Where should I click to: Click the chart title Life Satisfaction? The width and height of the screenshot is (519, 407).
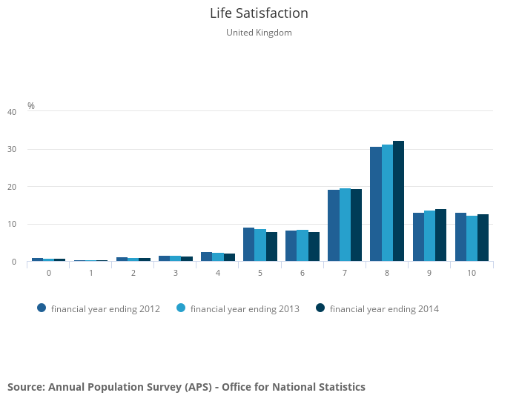[x=259, y=13]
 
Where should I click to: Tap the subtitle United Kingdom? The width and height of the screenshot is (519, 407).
[x=259, y=33]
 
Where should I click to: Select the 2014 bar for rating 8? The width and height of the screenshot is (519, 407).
[x=398, y=201]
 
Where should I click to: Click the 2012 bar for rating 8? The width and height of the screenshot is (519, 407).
[x=376, y=204]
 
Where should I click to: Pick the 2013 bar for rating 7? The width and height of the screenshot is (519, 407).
[x=345, y=225]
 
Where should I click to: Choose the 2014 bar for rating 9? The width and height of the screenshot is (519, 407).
[x=440, y=235]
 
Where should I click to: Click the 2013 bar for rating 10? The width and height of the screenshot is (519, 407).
[x=472, y=239]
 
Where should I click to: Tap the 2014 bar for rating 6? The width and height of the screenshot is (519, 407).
[x=314, y=247]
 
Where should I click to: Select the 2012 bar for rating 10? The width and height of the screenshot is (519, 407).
[x=460, y=237]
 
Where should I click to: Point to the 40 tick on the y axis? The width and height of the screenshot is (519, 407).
[x=12, y=112]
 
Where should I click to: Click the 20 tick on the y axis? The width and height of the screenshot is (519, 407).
[x=12, y=187]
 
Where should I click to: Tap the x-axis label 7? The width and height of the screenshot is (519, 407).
[x=345, y=274]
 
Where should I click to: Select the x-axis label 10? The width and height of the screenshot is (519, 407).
[x=472, y=274]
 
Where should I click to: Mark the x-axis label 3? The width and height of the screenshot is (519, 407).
[x=176, y=274]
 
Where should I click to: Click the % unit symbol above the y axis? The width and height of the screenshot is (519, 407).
[x=31, y=106]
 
